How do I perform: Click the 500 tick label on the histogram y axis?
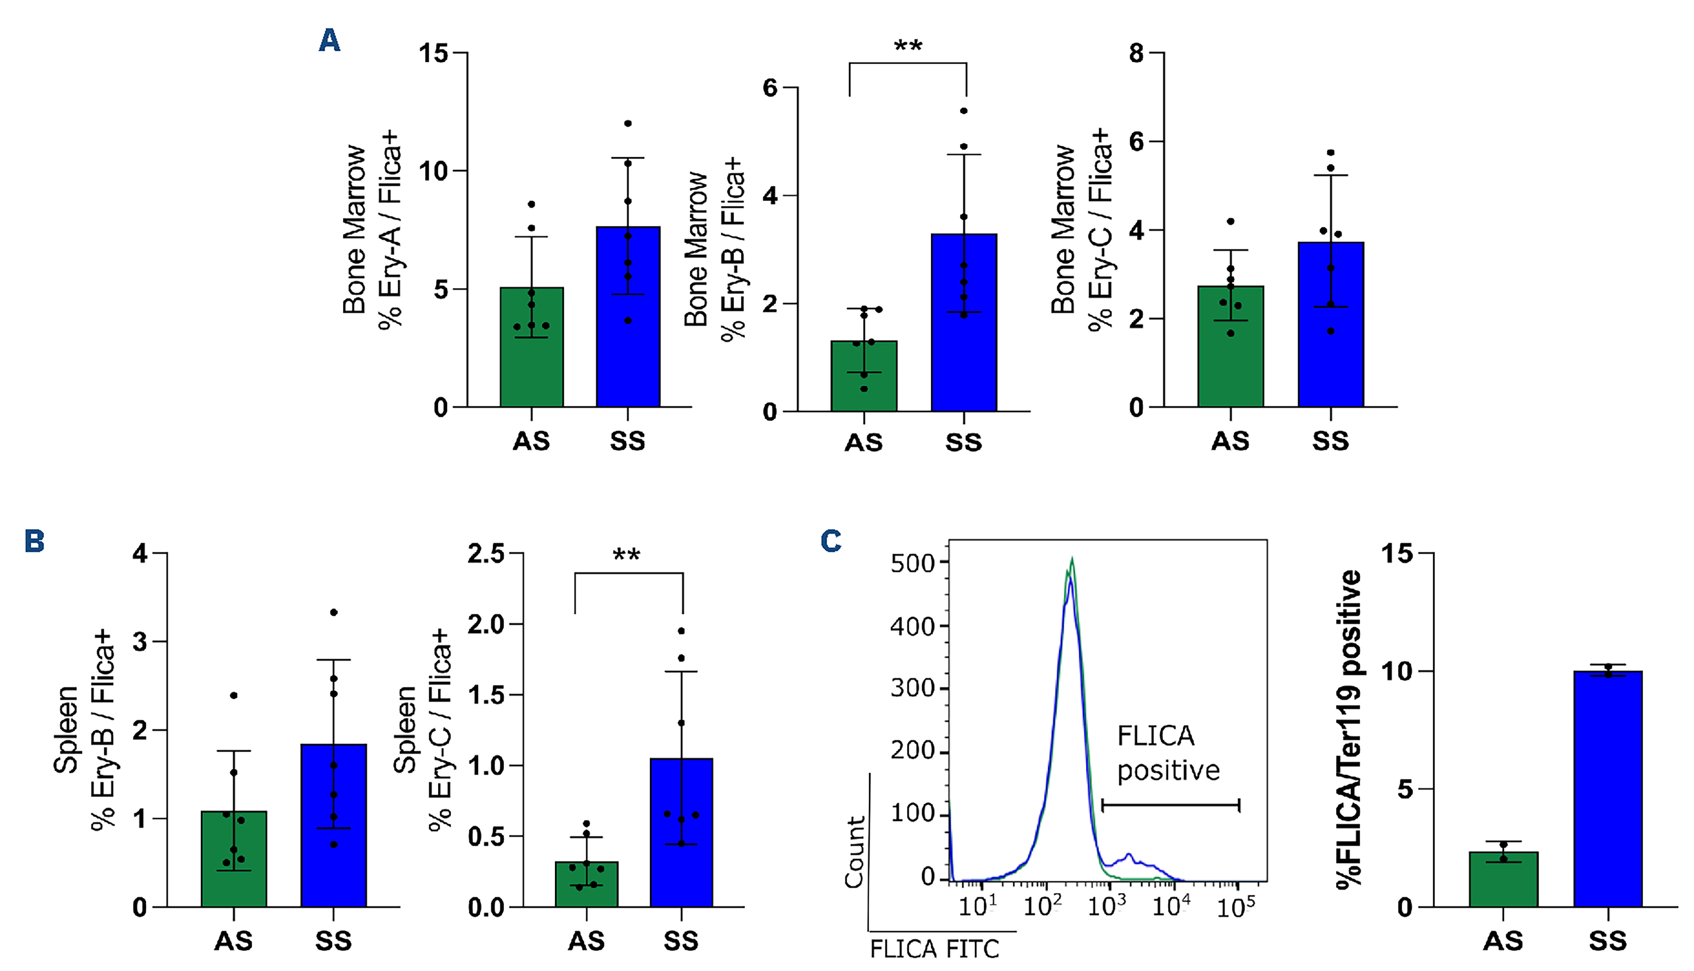point(912,564)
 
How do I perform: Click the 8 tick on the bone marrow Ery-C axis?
point(1136,53)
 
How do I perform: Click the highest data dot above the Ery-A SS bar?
point(628,124)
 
